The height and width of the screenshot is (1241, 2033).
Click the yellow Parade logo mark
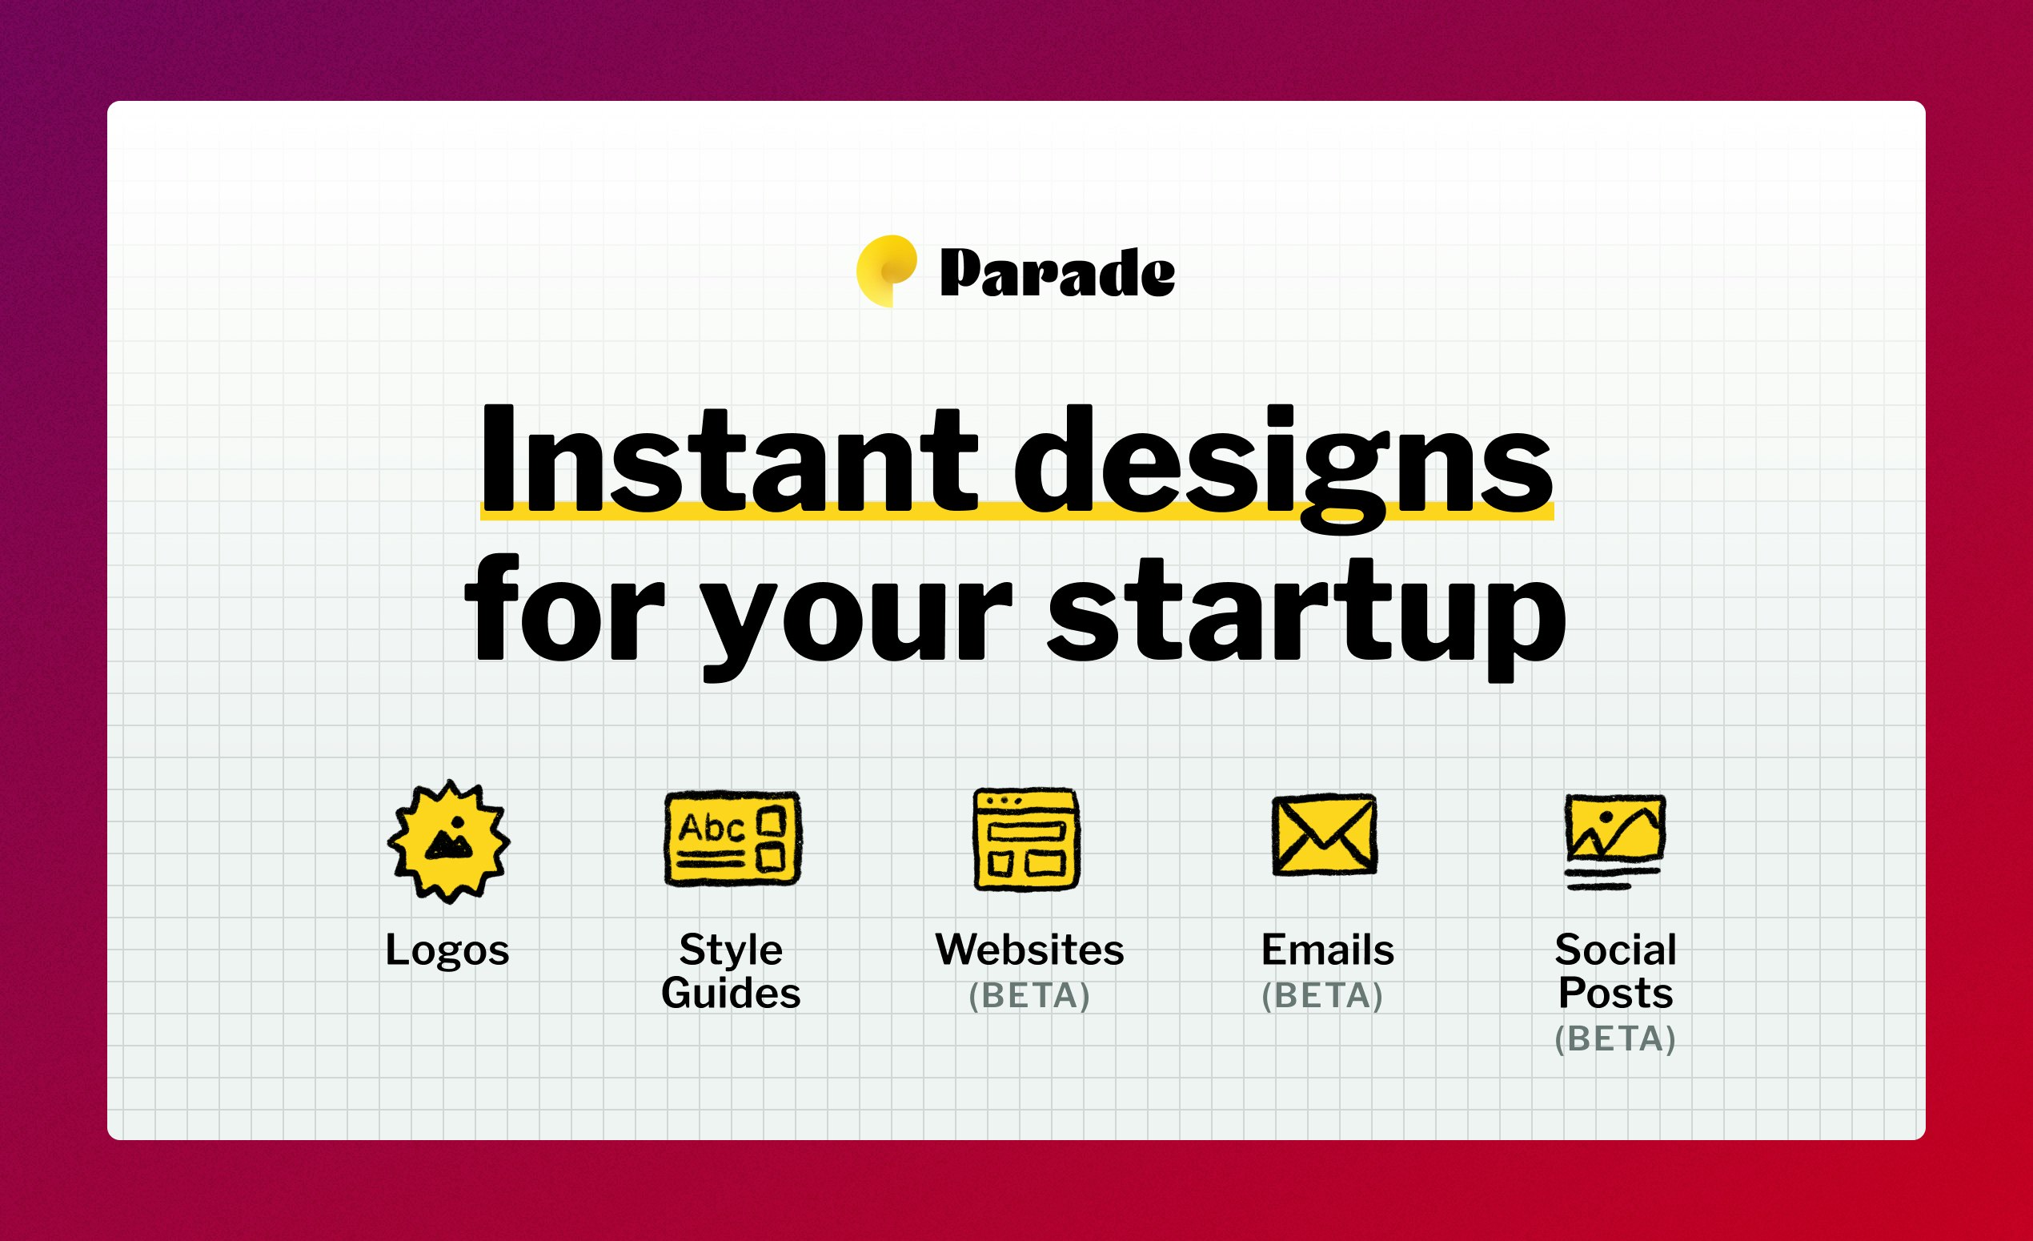click(886, 271)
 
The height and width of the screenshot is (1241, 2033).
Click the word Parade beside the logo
click(1058, 272)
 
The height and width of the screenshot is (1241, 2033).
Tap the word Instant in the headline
click(728, 458)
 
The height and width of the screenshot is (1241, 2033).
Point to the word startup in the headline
click(1306, 619)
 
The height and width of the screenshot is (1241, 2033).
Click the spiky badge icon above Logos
click(449, 841)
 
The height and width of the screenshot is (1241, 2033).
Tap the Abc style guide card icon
click(732, 838)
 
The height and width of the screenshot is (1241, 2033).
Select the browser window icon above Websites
click(1026, 839)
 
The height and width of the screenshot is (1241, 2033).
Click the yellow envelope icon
click(1325, 835)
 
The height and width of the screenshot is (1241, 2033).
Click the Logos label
click(448, 950)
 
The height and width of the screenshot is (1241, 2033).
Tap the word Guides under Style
click(731, 993)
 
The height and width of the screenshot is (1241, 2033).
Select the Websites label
click(1029, 949)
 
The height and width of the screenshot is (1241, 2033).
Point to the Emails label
click(1328, 949)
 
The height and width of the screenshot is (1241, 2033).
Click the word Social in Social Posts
click(1615, 949)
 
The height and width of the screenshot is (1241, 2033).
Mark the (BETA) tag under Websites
click(1029, 996)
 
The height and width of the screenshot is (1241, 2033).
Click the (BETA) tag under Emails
click(1322, 996)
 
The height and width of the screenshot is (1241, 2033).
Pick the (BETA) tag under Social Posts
click(1615, 1039)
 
